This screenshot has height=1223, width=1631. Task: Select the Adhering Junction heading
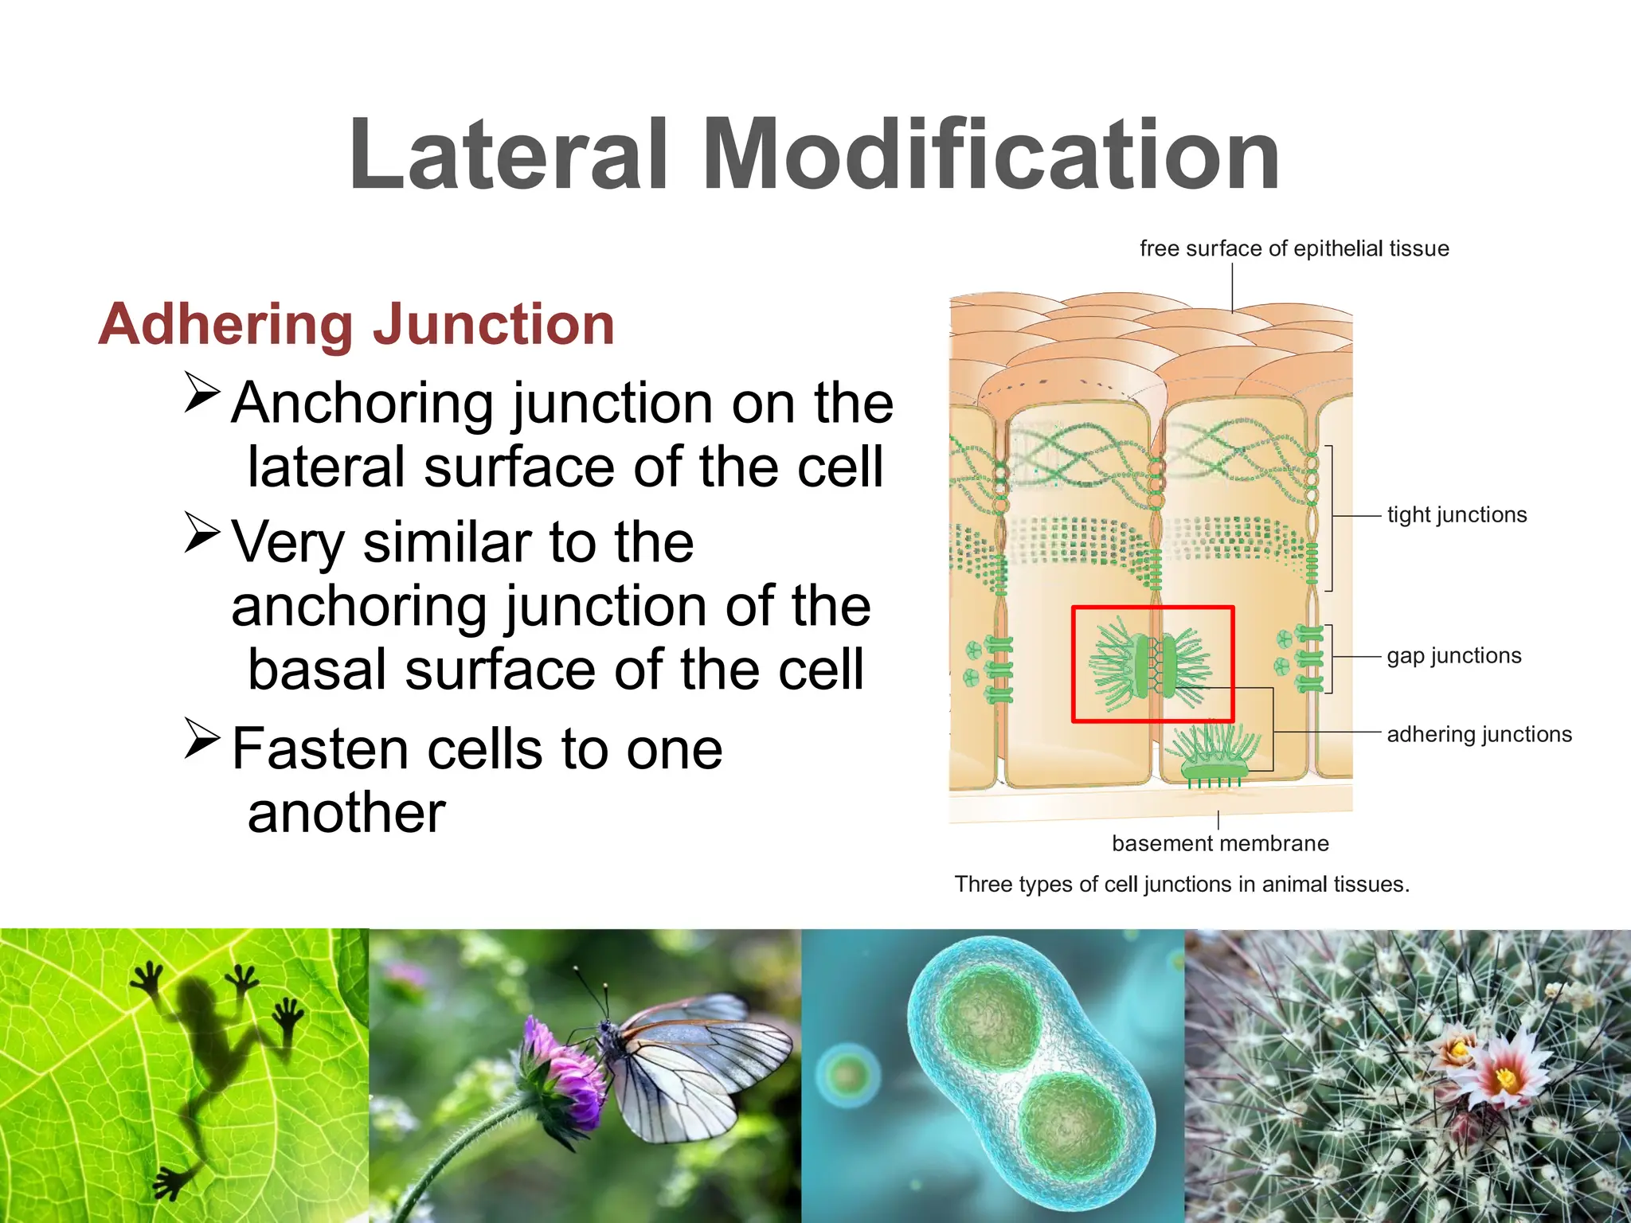[x=356, y=325]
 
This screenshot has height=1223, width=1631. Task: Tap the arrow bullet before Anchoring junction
[x=201, y=392]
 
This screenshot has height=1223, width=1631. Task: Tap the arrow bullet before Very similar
[x=201, y=532]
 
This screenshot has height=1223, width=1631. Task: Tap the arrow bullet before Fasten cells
[x=201, y=738]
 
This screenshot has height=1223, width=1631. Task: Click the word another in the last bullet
[x=346, y=814]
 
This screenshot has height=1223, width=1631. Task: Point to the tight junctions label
[x=1457, y=515]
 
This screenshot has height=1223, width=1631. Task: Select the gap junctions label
[x=1453, y=656]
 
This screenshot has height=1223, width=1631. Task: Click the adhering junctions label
[x=1479, y=734]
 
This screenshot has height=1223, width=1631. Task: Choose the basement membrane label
[x=1220, y=843]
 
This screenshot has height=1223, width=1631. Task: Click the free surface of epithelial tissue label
[x=1294, y=248]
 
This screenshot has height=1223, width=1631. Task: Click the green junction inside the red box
[x=1152, y=665]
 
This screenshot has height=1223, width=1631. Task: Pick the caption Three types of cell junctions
[x=1182, y=885]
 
